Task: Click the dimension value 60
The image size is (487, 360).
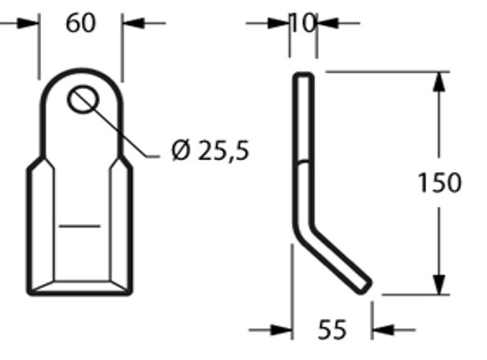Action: pos(80,23)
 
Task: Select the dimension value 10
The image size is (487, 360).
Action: pos(304,23)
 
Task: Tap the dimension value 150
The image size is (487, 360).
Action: pos(439,182)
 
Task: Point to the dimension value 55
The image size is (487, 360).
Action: pos(332,329)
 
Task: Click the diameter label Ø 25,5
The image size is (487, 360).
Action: pos(210,151)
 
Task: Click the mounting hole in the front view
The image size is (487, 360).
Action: pos(83,99)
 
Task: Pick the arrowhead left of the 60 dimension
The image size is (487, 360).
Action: pos(27,23)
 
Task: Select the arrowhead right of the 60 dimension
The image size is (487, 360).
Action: pos(134,23)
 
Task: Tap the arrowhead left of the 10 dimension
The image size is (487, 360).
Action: pos(279,23)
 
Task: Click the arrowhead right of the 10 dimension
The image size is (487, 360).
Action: pos(328,23)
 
